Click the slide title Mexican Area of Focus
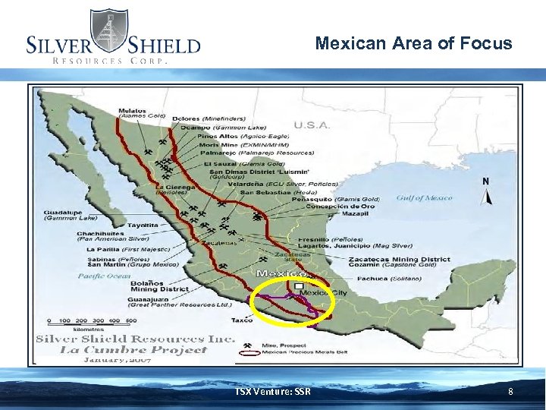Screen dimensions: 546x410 [x=413, y=43]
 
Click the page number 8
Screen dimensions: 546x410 [x=510, y=392]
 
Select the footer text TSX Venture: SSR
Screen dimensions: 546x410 [x=273, y=392]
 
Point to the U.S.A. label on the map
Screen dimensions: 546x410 [x=311, y=125]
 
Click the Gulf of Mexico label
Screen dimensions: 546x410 [x=424, y=198]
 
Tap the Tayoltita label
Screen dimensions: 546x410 [x=143, y=225]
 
